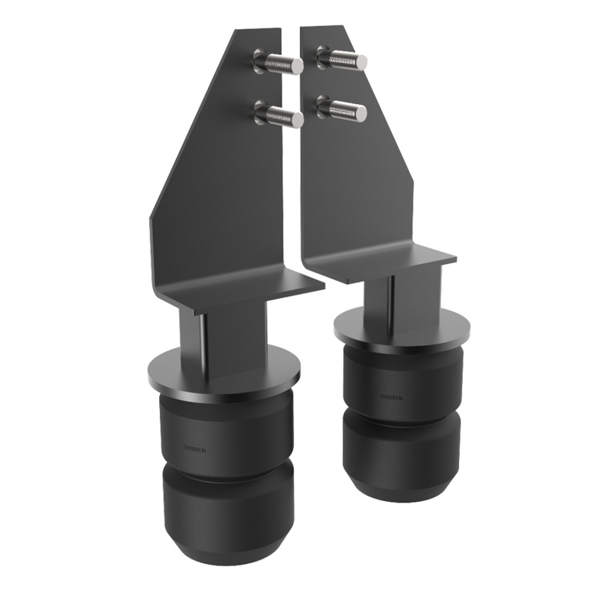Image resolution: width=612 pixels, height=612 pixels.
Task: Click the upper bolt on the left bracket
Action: pos(278,60)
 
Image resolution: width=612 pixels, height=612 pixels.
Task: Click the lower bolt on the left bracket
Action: pos(278,117)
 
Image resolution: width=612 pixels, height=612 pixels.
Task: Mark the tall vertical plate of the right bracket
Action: pos(360,176)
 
